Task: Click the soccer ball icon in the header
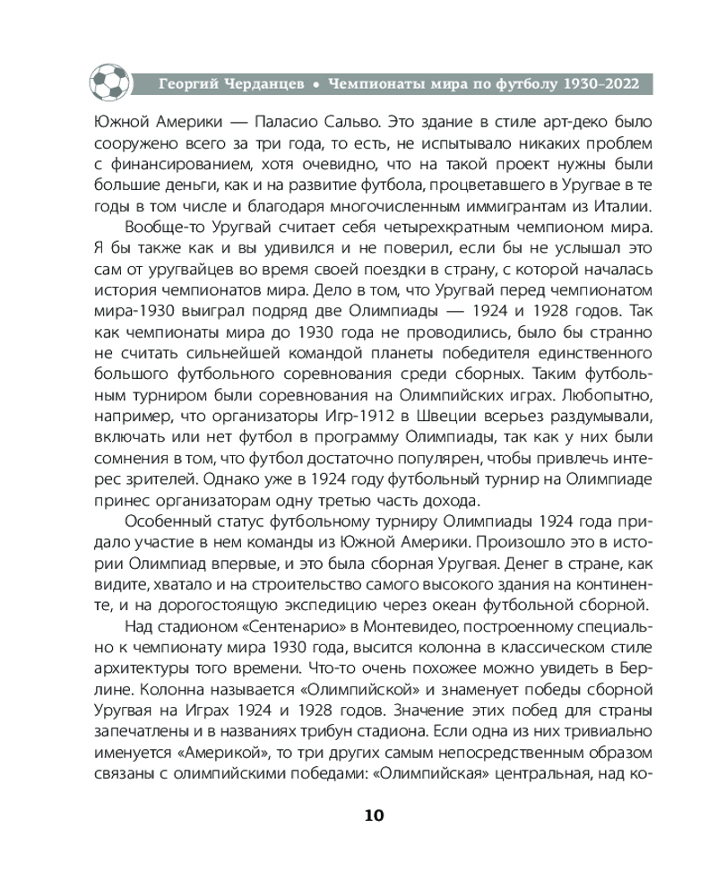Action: [108, 82]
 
